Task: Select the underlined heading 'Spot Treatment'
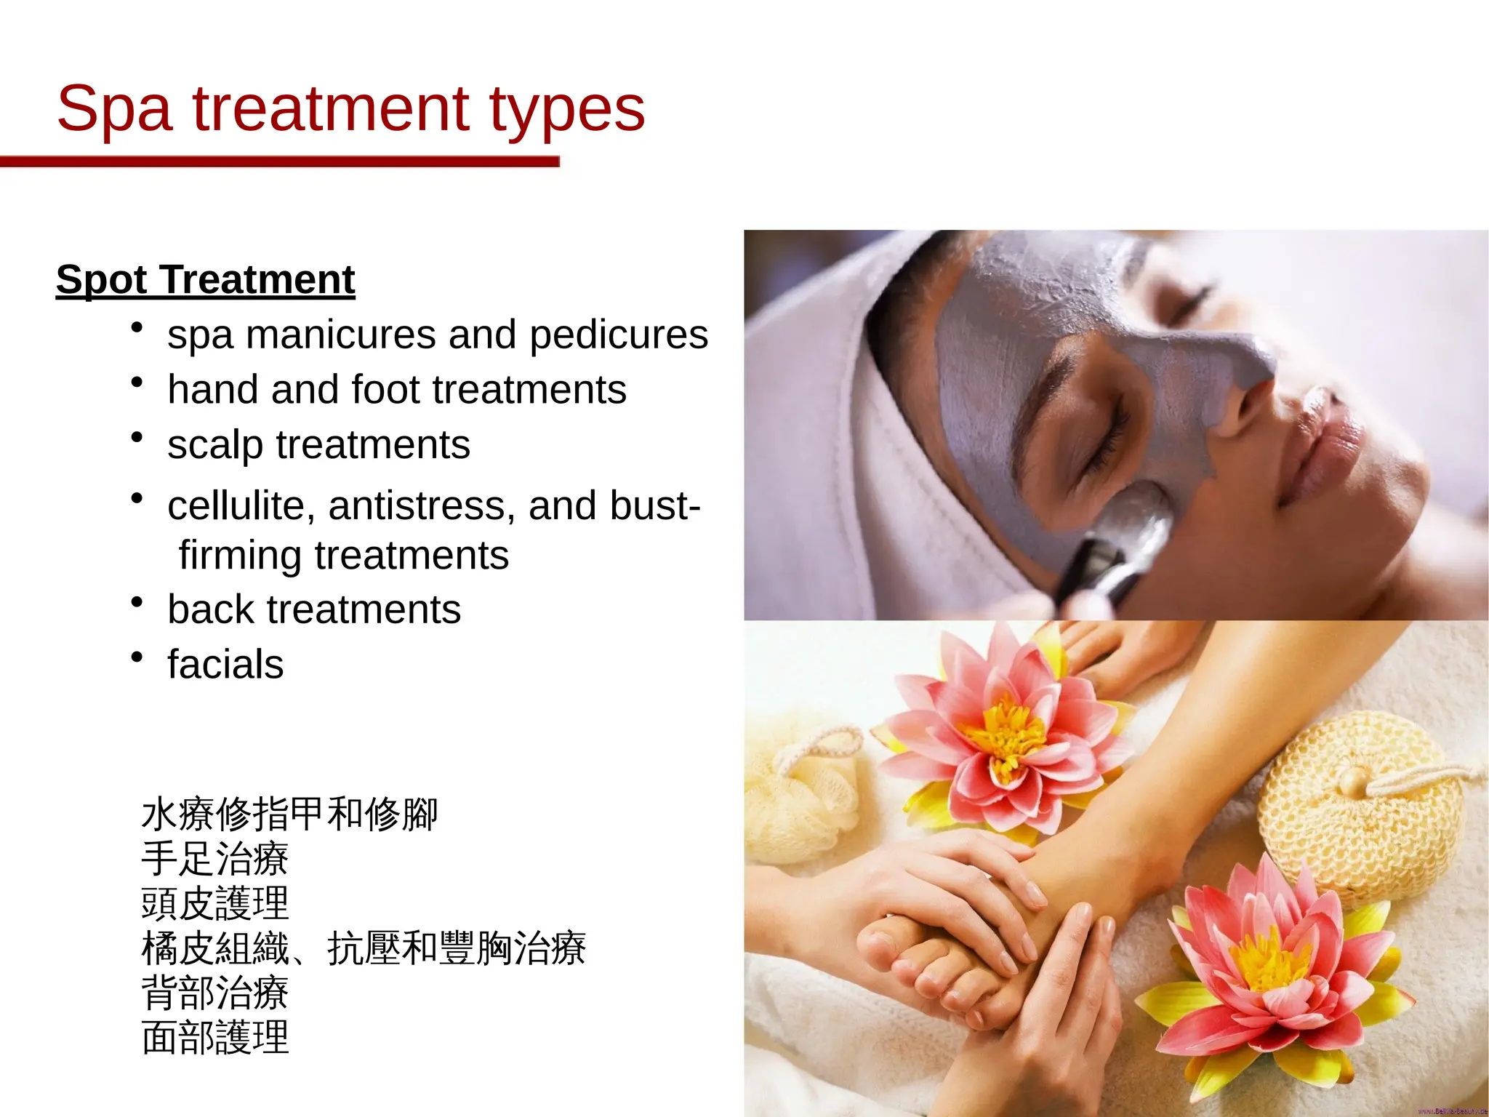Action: point(205,279)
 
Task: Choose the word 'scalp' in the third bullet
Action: point(215,445)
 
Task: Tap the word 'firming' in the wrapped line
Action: point(240,556)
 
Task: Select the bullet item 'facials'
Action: point(225,665)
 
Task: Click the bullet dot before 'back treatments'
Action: point(137,602)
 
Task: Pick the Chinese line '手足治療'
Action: point(215,859)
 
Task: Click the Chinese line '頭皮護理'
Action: point(215,904)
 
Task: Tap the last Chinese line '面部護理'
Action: point(215,1038)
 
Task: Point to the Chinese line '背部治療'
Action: point(215,993)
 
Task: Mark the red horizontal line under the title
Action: point(280,161)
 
